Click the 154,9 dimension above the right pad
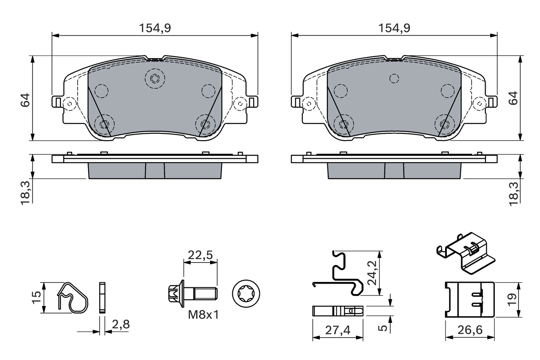[394, 28]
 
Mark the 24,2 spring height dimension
[372, 273]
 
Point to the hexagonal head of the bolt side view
[174, 292]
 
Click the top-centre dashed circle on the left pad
[154, 78]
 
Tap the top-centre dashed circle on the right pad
[394, 78]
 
